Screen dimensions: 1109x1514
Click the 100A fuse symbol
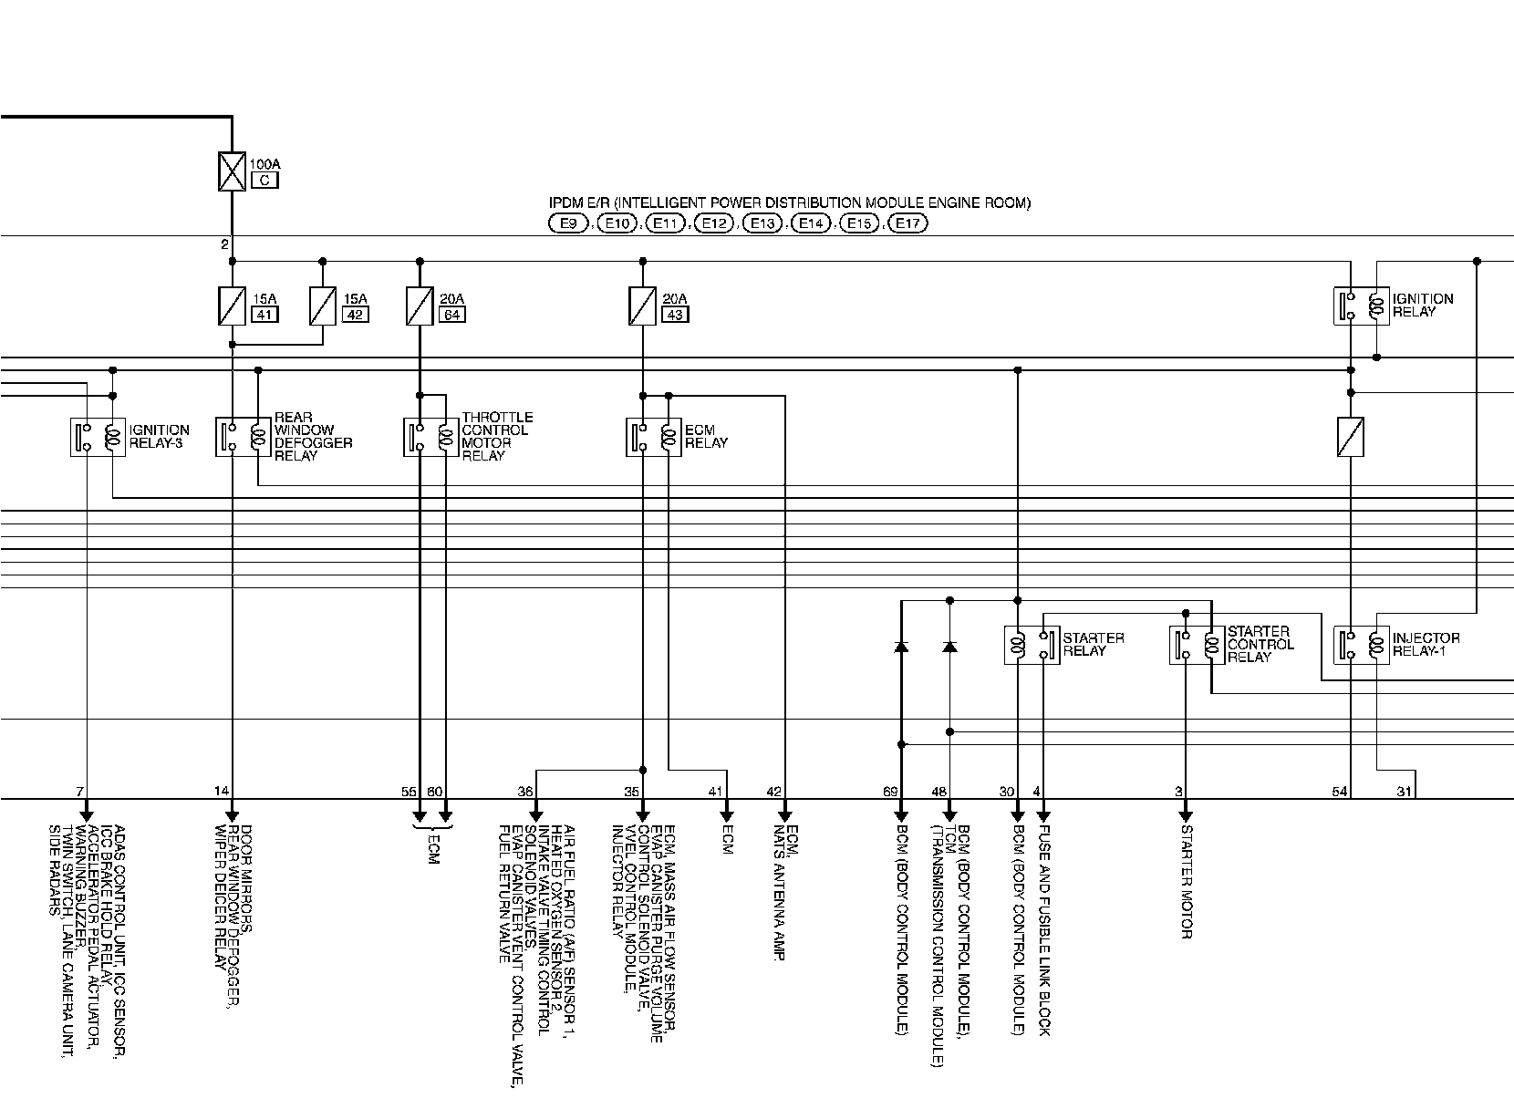point(233,171)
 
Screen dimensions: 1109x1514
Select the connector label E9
point(570,223)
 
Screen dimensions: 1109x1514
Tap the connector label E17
point(907,223)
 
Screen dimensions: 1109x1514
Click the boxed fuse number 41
point(264,315)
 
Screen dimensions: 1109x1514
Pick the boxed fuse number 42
point(355,315)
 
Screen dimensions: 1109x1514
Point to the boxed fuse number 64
point(451,315)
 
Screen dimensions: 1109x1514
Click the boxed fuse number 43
point(675,315)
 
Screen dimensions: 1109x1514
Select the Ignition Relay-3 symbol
point(98,437)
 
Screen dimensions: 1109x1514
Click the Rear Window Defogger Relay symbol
point(244,437)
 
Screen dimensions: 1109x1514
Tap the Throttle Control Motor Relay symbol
point(431,437)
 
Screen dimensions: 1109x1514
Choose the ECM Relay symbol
point(655,437)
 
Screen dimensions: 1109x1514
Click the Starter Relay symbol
point(1032,645)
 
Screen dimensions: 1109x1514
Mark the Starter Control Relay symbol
point(1197,645)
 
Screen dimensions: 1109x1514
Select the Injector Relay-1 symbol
point(1361,645)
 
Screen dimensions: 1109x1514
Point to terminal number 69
point(890,792)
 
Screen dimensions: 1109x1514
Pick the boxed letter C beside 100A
point(264,181)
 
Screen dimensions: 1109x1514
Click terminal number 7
point(79,792)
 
